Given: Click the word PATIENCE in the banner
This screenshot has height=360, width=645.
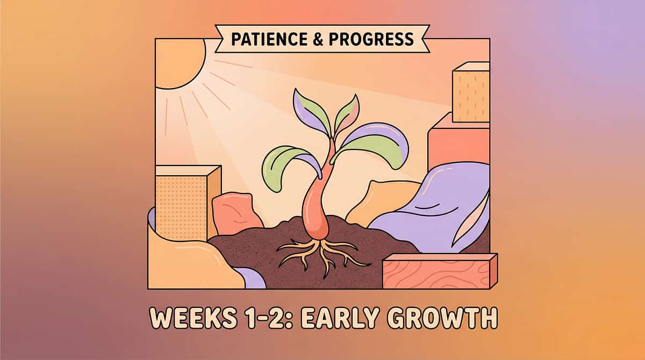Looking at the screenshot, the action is (x=269, y=39).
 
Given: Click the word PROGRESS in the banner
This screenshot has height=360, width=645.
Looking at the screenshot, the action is (x=371, y=39).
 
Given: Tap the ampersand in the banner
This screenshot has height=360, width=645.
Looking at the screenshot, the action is (x=318, y=39).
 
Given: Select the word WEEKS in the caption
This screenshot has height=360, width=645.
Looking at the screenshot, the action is (x=193, y=318).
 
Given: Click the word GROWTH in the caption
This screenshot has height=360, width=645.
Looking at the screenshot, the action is (x=442, y=318).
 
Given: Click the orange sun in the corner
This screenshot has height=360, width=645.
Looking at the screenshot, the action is (x=180, y=63).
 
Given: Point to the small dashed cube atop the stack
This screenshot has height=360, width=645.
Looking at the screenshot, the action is (x=471, y=92).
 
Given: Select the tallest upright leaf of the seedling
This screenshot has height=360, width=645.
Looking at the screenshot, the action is (x=311, y=112).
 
